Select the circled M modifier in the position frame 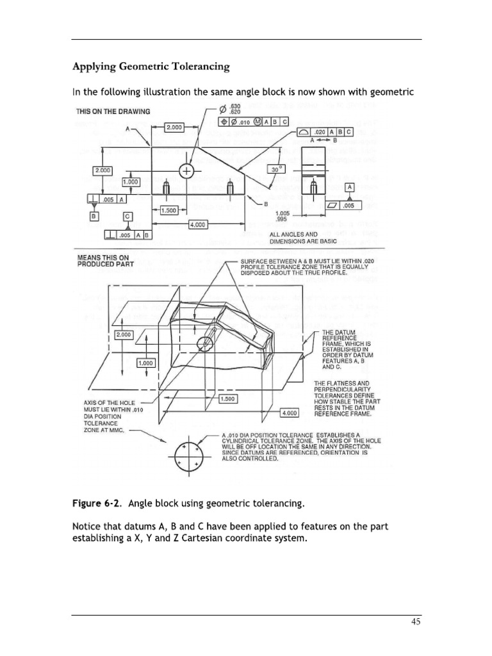click(255, 122)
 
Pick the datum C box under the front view click(127, 217)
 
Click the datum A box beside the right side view click(350, 186)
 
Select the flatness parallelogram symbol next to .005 click(333, 205)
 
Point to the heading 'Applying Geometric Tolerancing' click(151, 66)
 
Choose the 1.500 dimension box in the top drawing click(169, 210)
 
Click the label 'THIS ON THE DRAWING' click(113, 111)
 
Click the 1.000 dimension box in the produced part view click(147, 363)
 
